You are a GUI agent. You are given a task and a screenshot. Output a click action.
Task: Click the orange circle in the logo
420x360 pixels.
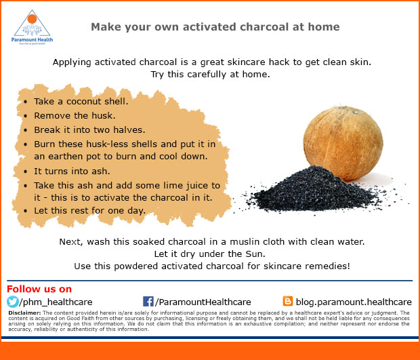click(x=32, y=19)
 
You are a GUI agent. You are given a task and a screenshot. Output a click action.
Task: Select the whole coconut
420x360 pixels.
click(x=343, y=142)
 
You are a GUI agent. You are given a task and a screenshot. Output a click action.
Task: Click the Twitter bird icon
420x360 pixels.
click(x=13, y=302)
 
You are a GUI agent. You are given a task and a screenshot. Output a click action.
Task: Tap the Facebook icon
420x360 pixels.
click(x=148, y=302)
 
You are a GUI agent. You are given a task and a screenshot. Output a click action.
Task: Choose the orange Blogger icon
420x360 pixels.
click(x=288, y=301)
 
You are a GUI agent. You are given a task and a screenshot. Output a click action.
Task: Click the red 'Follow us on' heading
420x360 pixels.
click(x=39, y=289)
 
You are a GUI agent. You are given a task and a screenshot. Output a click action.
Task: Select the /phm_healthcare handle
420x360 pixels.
click(x=56, y=302)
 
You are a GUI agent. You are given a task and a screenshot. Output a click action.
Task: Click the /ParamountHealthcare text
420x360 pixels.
click(x=203, y=302)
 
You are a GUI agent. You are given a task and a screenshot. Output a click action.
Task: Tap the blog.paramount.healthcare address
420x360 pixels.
click(x=354, y=302)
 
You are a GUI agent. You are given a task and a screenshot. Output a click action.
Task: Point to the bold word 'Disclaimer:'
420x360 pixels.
click(x=24, y=313)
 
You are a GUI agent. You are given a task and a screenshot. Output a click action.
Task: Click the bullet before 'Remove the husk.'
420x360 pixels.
click(x=26, y=116)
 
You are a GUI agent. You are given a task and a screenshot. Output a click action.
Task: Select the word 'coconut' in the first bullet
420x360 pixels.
click(x=83, y=101)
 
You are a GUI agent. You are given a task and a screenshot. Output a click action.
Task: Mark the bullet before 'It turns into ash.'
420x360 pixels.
click(x=26, y=172)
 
